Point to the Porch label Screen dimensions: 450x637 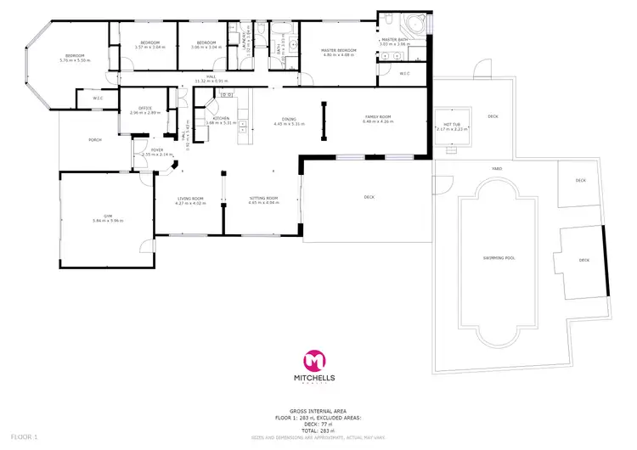83,140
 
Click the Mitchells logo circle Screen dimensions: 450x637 318,358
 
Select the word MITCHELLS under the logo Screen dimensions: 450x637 318,377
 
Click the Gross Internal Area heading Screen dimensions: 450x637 318,408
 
